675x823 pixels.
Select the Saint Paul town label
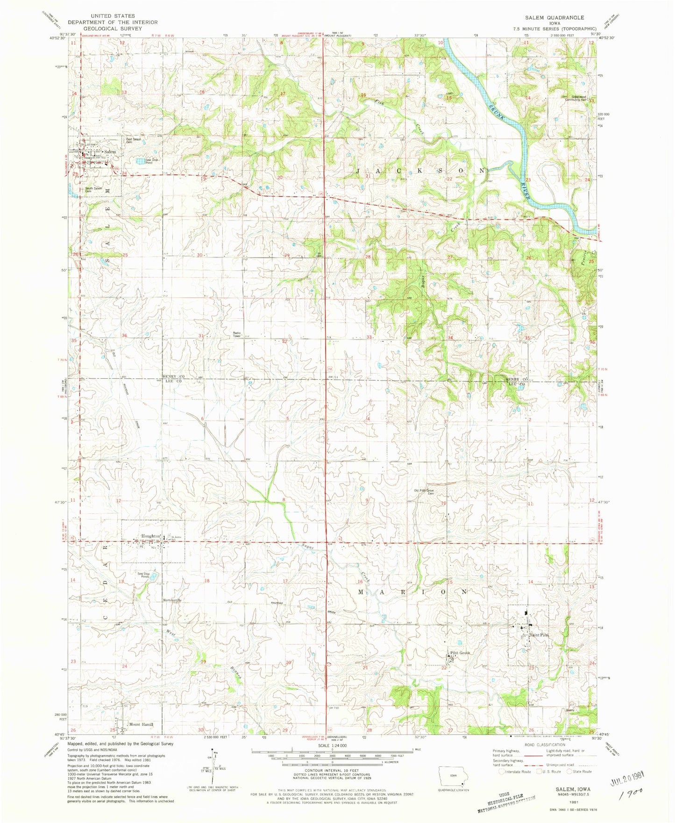[539, 635]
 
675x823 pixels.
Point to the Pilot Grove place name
[460, 653]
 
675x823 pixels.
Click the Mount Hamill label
[141, 725]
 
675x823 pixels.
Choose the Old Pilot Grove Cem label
[424, 491]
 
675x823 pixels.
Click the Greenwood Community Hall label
[576, 98]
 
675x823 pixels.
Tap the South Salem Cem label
[94, 189]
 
